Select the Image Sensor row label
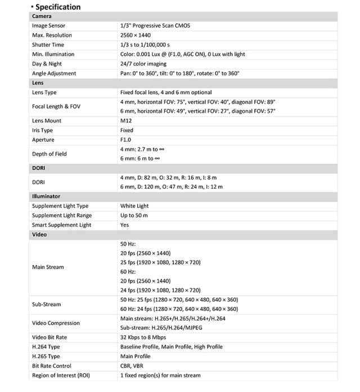(x=48, y=26)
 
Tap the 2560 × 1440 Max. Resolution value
(x=136, y=35)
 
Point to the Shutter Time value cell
(x=145, y=45)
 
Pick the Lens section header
(x=38, y=83)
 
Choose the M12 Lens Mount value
(x=126, y=121)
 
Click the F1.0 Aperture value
(x=125, y=140)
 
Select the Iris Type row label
(x=43, y=131)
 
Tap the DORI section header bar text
(x=38, y=168)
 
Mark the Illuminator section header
(x=46, y=197)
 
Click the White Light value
(x=134, y=206)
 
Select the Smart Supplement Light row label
(x=61, y=225)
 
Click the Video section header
(x=39, y=235)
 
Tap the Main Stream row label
(x=48, y=267)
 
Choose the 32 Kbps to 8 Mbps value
(x=143, y=337)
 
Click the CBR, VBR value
(x=132, y=366)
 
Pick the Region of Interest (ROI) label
(x=61, y=376)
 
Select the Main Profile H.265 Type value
(x=135, y=357)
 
